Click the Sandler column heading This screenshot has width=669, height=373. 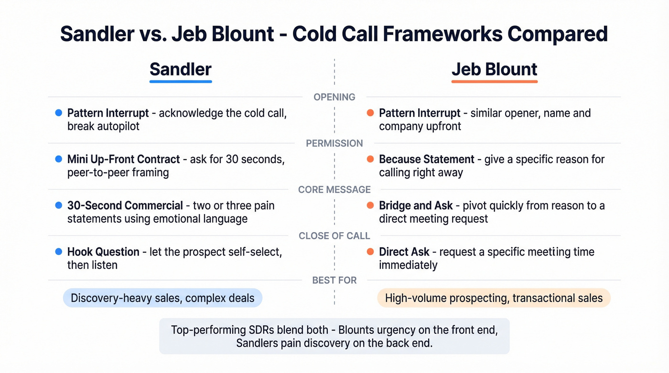[180, 69]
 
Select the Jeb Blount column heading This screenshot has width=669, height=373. [494, 69]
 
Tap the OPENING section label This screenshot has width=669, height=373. [334, 97]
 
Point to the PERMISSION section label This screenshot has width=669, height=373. [334, 143]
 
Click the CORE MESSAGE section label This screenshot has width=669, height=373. [334, 190]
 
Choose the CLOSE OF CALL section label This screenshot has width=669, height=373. [334, 236]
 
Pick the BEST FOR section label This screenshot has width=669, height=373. [334, 280]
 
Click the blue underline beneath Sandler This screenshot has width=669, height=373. [180, 82]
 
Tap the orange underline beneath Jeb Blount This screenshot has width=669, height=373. [494, 82]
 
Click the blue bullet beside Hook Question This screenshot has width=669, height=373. [59, 252]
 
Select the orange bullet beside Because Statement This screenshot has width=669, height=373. [370, 160]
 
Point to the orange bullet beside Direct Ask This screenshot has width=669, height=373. [370, 252]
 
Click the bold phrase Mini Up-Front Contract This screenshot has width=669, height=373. [124, 160]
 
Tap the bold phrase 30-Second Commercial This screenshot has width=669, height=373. [125, 206]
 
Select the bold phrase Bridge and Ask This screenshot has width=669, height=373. [416, 206]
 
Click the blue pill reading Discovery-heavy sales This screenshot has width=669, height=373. [162, 298]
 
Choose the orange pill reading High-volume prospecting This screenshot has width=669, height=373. [494, 298]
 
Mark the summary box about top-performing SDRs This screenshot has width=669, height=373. [334, 336]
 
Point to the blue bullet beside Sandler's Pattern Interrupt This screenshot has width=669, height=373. [59, 113]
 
